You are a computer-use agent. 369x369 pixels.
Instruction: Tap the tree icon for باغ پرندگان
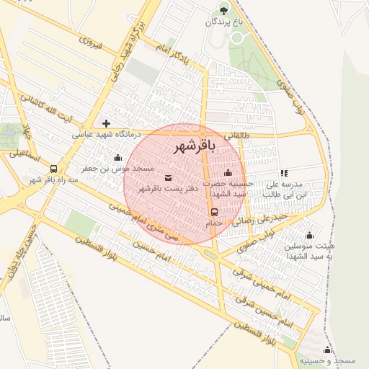pyautogui.click(x=223, y=9)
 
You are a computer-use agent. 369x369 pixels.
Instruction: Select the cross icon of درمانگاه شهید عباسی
pyautogui.click(x=107, y=123)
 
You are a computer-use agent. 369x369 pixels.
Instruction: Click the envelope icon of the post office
pyautogui.click(x=168, y=177)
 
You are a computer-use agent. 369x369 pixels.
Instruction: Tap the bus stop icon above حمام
pyautogui.click(x=214, y=212)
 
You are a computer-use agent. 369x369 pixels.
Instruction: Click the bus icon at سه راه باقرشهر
pyautogui.click(x=54, y=169)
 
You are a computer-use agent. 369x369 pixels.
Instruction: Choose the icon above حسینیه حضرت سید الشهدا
pyautogui.click(x=228, y=172)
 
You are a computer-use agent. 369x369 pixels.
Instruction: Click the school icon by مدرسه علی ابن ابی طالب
pyautogui.click(x=284, y=173)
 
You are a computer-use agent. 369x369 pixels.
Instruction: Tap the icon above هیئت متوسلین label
pyautogui.click(x=310, y=235)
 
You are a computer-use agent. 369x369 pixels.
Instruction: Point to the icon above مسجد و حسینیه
pyautogui.click(x=329, y=350)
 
